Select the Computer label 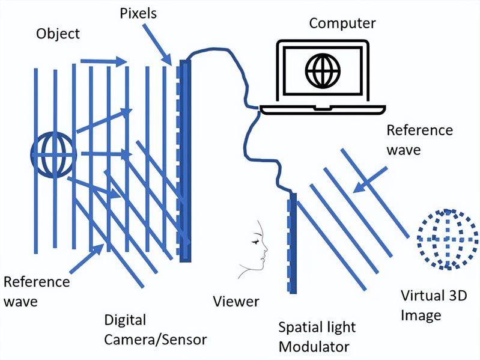coord(342,23)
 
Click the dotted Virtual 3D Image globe coord(445,239)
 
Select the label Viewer coord(236,301)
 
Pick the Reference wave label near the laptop coord(419,139)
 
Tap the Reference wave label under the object coord(37,291)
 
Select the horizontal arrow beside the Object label coord(103,61)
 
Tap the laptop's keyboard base coord(321,108)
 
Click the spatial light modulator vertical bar coord(293,243)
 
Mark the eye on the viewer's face coord(259,240)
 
